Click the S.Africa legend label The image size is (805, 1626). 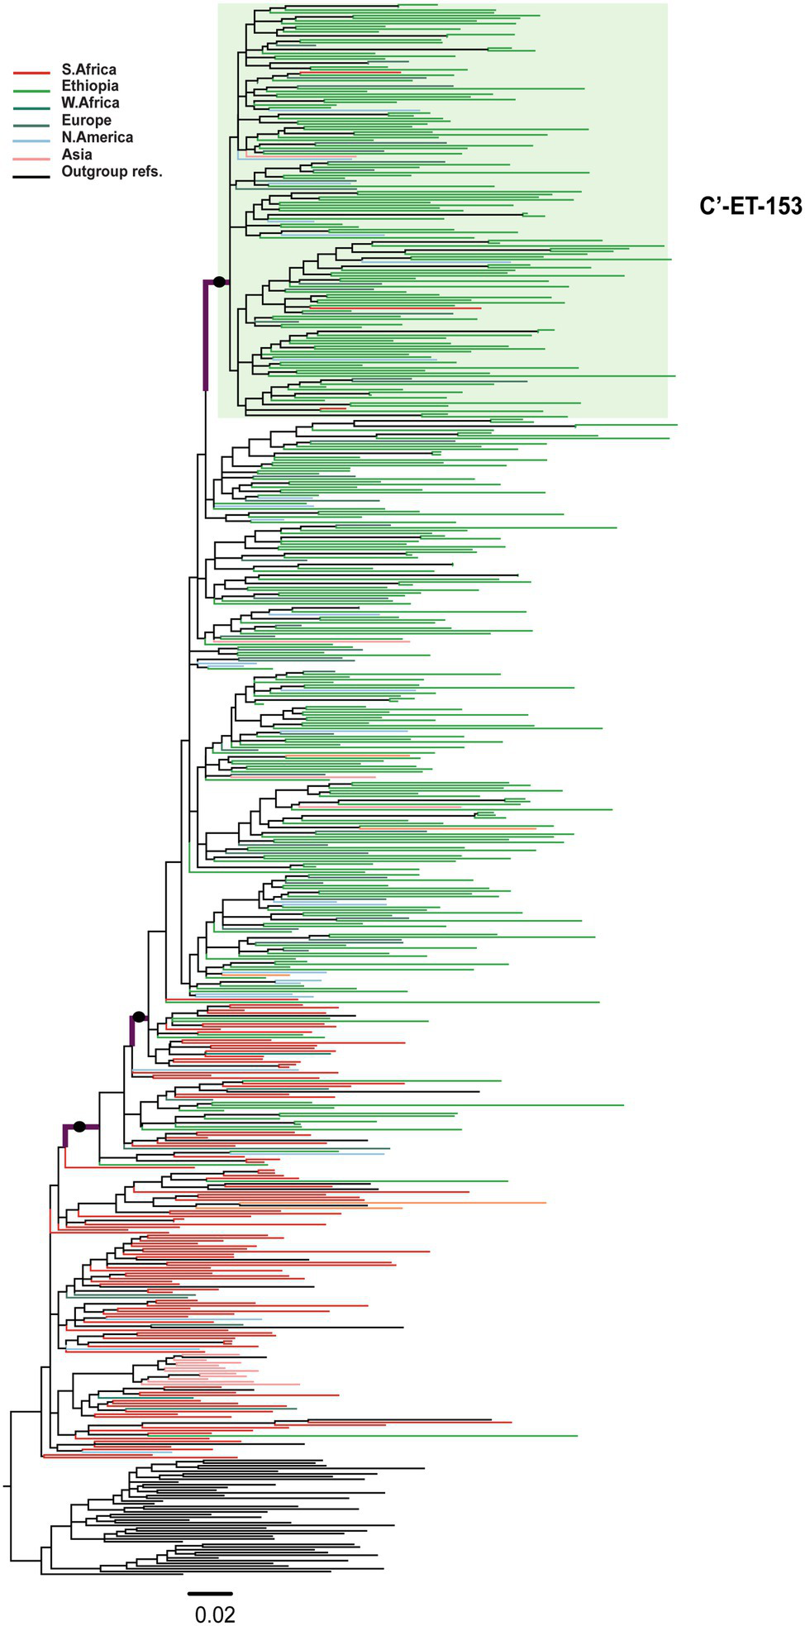point(88,69)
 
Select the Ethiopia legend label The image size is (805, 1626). point(90,86)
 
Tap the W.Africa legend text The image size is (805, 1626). point(90,103)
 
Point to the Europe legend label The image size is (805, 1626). point(86,120)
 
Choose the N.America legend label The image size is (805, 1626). point(97,137)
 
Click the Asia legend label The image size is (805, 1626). point(77,155)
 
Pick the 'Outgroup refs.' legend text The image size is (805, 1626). point(112,172)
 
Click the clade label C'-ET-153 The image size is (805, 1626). point(750,207)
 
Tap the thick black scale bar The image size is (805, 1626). point(210,1592)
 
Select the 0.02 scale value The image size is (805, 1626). point(215,1614)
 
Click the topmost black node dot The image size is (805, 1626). point(219,282)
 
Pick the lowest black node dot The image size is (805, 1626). point(79,1126)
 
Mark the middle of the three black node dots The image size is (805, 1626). point(139,1016)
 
